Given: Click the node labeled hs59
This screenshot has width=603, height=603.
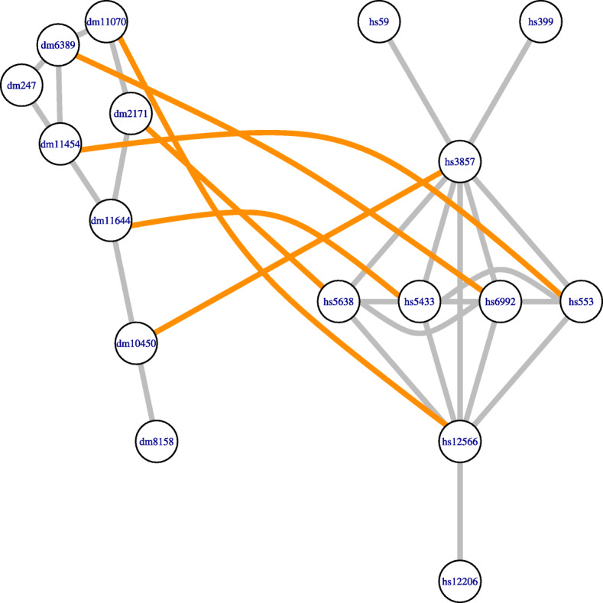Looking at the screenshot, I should point(379,22).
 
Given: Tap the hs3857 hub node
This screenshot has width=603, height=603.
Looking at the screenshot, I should point(460,161).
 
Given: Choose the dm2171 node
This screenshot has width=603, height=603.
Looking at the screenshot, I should point(131,114).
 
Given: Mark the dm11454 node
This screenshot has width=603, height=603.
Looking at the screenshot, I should point(60,144).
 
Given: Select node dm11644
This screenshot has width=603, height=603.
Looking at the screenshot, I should point(111,222).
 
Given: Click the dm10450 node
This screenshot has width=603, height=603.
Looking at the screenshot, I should point(136,343).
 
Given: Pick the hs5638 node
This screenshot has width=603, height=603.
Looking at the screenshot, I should point(339,301).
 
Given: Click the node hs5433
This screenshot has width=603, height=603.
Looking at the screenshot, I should point(419,301).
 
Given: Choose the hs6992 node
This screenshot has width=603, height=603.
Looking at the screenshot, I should point(500,301).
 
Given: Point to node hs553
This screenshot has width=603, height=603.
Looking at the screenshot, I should point(581,301).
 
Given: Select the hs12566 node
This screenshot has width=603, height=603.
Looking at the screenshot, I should point(460,441).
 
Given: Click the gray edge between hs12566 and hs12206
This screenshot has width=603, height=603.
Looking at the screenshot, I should point(460,511).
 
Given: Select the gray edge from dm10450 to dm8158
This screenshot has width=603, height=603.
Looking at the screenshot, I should point(147,392).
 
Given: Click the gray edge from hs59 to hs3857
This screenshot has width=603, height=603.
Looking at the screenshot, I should point(420,92).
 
